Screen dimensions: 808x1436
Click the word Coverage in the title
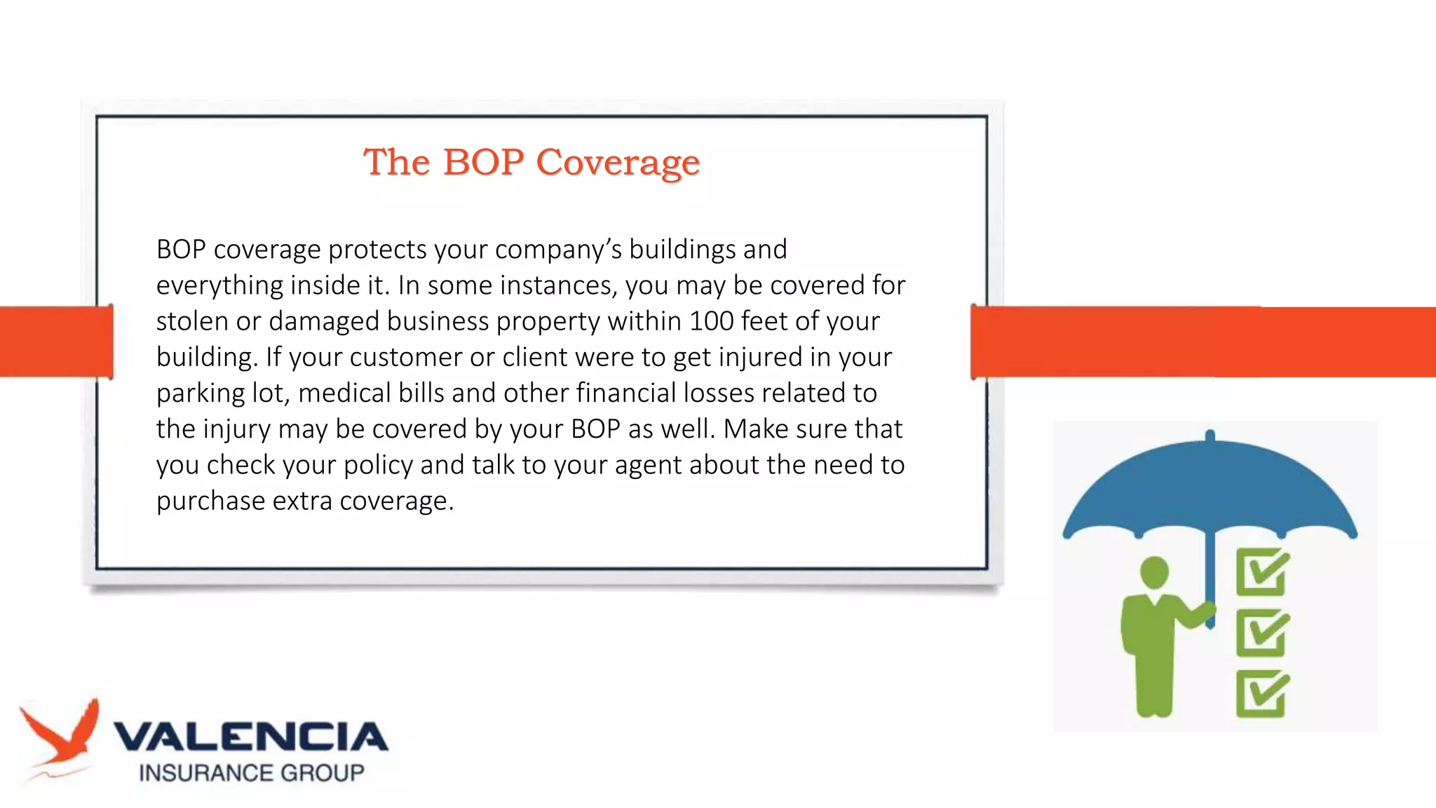tap(618, 163)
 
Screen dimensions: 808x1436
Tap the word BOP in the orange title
tap(483, 162)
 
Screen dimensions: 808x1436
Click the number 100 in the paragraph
tap(711, 321)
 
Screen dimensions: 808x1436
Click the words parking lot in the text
tap(222, 393)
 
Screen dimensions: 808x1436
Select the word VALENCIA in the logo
tap(250, 737)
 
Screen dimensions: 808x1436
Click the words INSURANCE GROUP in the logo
tap(251, 773)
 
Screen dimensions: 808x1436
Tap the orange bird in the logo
tap(62, 736)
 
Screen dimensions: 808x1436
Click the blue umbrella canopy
tap(1210, 491)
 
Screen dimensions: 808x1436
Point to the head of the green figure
tap(1154, 572)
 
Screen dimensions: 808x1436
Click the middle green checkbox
tap(1261, 633)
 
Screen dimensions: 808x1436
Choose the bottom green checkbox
tap(1261, 694)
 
